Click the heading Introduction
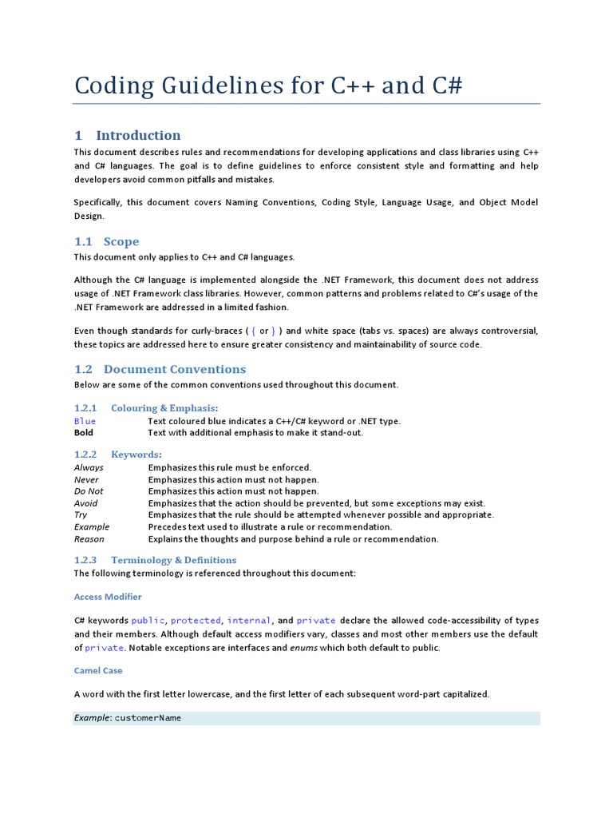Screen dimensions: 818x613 [138, 135]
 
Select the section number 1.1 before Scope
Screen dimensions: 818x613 [84, 241]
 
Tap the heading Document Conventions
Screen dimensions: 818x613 [175, 369]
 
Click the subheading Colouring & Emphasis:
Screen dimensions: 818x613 [164, 408]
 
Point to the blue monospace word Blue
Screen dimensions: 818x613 [85, 421]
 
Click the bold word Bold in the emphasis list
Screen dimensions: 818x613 [84, 433]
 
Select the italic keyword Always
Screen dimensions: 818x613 [89, 467]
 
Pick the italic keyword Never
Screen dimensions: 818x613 [87, 479]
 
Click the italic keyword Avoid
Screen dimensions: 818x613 [85, 503]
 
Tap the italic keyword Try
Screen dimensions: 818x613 [81, 515]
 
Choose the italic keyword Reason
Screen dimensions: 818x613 [89, 539]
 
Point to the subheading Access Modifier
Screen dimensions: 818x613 [108, 597]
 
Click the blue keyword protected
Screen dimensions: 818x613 [196, 621]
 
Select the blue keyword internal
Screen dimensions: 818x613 [249, 621]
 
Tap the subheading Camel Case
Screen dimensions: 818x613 [98, 671]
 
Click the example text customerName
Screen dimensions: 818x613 [148, 718]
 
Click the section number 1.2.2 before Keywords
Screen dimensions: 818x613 [85, 455]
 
